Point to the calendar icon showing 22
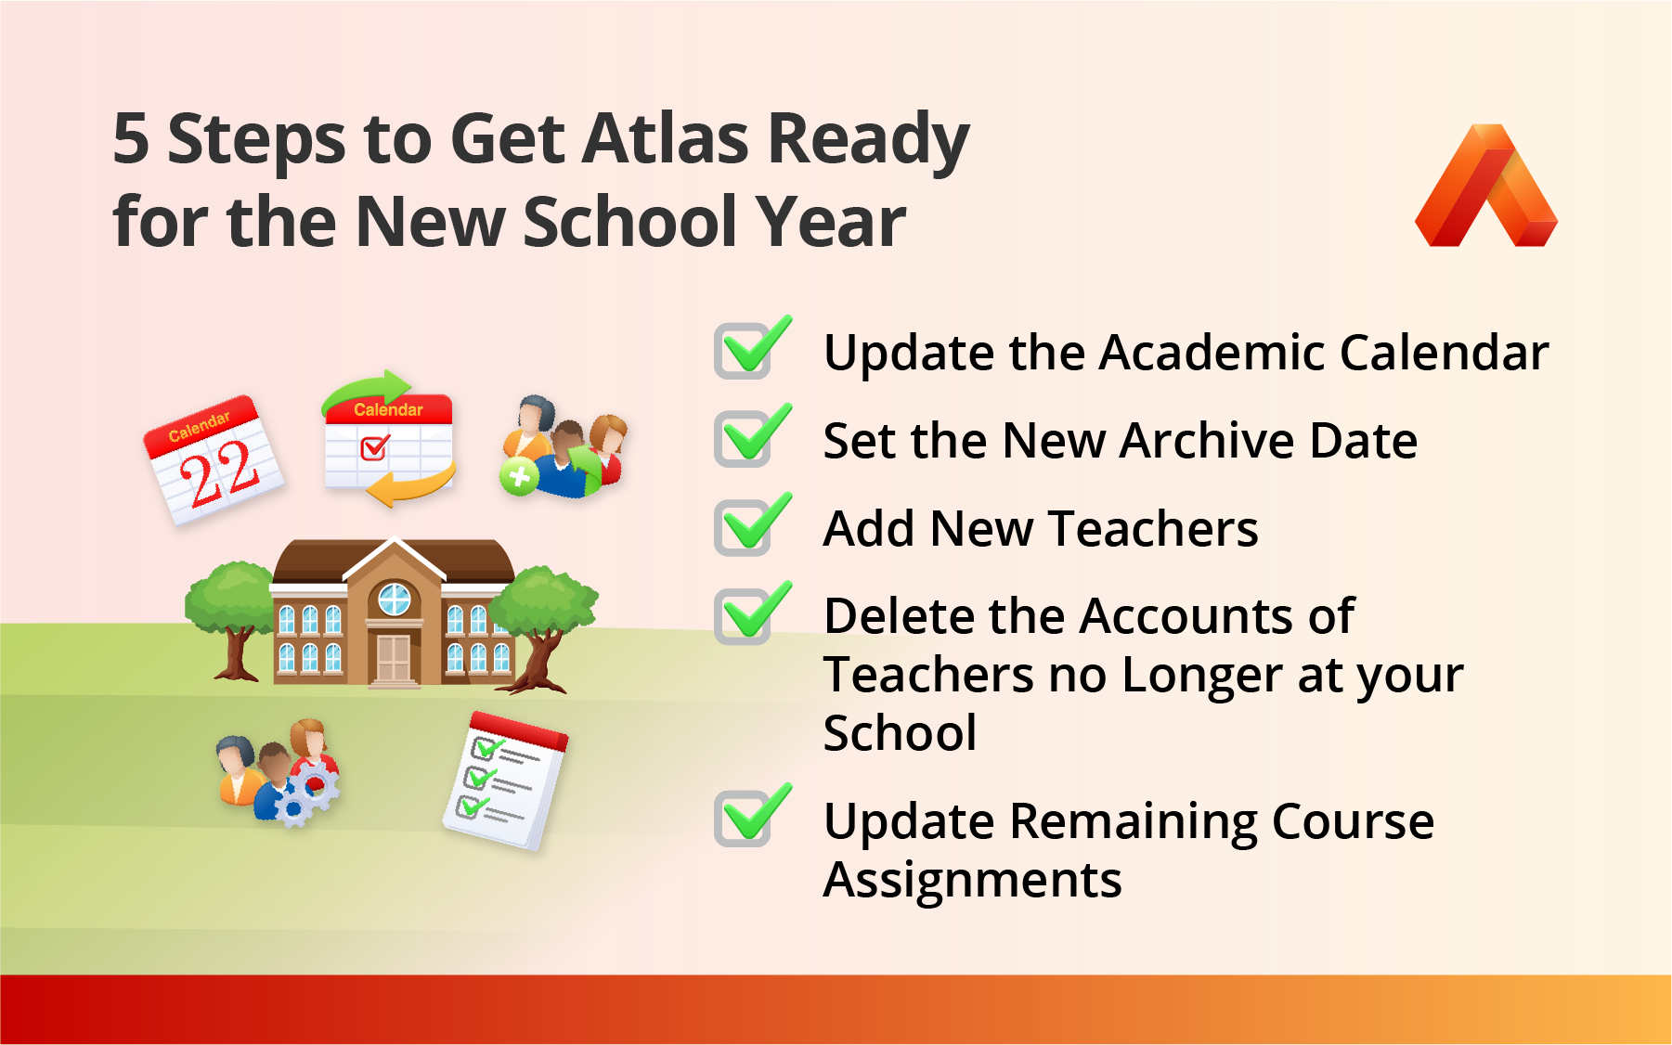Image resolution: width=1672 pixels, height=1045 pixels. [x=214, y=460]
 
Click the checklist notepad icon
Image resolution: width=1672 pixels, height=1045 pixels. [x=505, y=781]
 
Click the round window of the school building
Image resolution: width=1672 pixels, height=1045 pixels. [x=394, y=600]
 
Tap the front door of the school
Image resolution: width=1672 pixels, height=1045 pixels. [x=394, y=658]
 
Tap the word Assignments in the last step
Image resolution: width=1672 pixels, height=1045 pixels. [x=972, y=880]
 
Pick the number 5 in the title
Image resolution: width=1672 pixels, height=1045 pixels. [x=131, y=139]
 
